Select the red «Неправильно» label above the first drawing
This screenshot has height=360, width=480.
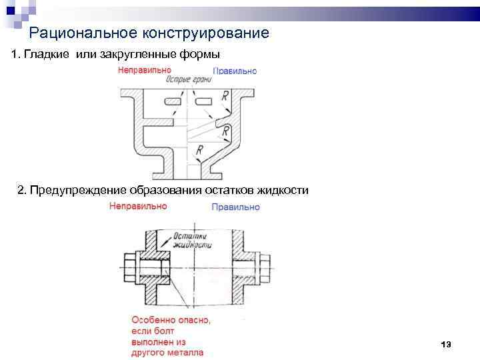[144, 70]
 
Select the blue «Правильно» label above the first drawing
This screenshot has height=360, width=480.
[235, 71]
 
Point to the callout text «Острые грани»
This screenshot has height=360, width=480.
[189, 79]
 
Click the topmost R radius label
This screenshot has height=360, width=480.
[225, 97]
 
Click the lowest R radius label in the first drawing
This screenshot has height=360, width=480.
[199, 152]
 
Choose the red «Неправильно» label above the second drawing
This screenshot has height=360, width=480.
[138, 207]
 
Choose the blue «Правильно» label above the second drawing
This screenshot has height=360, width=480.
[235, 207]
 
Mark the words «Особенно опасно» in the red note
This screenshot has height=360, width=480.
[171, 320]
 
